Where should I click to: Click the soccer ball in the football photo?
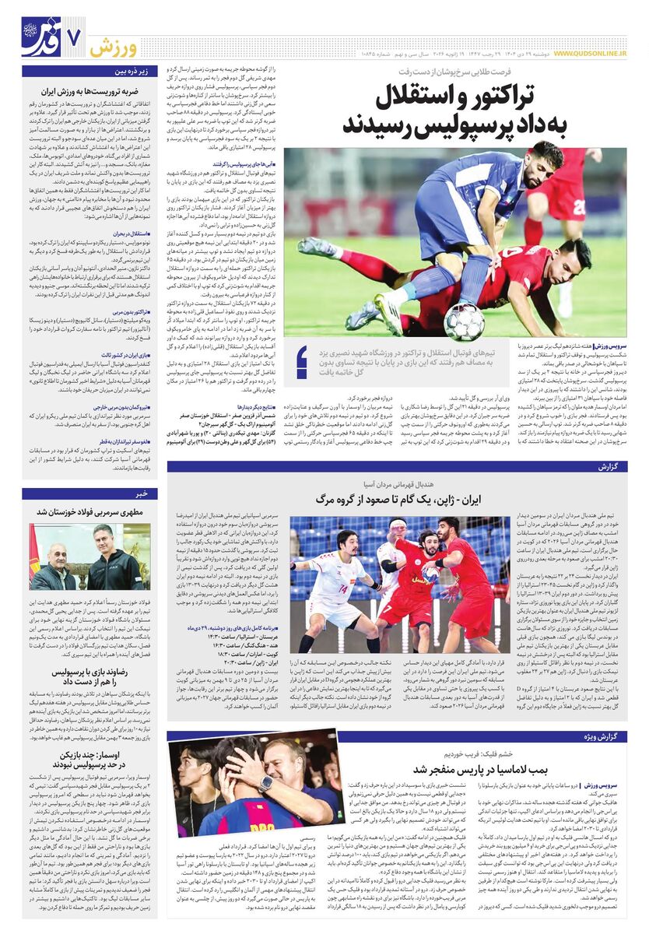(x=464, y=321)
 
